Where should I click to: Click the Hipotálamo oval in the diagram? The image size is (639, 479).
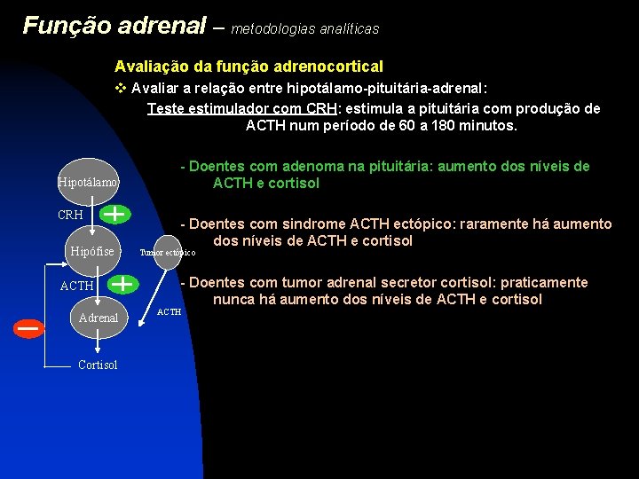pos(88,182)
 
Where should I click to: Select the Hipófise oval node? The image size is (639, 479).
pos(92,251)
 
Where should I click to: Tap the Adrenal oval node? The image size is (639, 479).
pos(99,317)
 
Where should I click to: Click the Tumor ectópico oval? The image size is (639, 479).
pos(168,252)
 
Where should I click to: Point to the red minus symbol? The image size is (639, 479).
pos(29,328)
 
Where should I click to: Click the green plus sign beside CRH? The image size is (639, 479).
pos(114,214)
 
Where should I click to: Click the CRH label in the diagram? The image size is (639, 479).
pos(70,216)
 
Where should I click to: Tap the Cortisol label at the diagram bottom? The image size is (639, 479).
pos(98,365)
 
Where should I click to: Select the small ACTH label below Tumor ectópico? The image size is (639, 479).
pos(169,312)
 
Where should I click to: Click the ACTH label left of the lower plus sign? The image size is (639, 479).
pos(76,286)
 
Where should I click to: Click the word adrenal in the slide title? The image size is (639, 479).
pos(168,26)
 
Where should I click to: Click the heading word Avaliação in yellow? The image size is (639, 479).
pos(148,67)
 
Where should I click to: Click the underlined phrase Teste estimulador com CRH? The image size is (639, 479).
pos(237,108)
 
